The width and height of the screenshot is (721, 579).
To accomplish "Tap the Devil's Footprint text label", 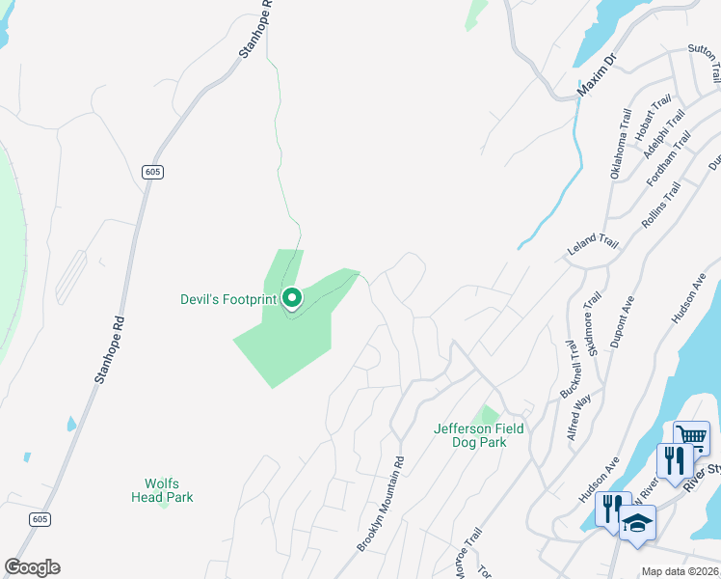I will [228, 299].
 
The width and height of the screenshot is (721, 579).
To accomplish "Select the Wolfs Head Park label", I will [162, 490].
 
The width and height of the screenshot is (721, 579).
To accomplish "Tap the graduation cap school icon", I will [636, 523].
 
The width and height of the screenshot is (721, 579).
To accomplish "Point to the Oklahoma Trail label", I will [620, 144].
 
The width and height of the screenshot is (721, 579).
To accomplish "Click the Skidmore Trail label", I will [589, 324].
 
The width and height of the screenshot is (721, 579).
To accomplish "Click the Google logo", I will [32, 567].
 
